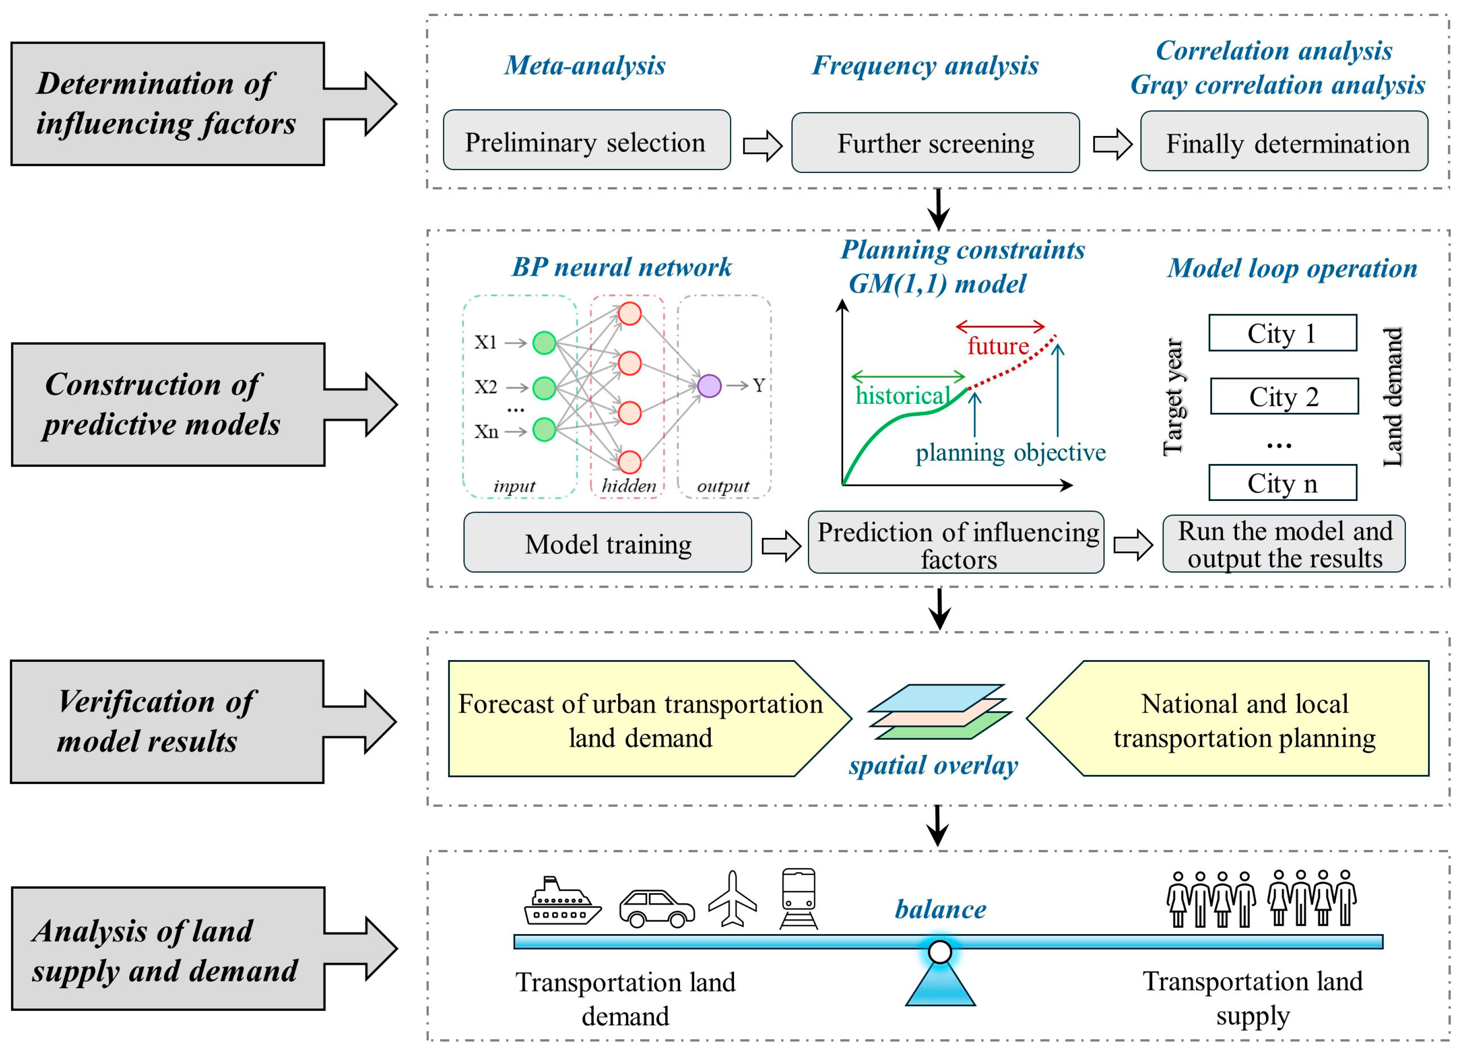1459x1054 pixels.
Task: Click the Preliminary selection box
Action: pos(586,140)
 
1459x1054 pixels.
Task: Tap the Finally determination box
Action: pos(1283,142)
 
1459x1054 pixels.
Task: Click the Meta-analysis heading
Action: pos(584,65)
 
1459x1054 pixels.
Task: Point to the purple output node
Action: pos(709,386)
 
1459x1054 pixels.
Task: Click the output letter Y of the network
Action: pos(758,386)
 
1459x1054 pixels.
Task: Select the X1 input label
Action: pos(486,342)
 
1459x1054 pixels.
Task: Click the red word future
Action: pos(998,346)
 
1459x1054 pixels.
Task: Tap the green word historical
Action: pos(902,395)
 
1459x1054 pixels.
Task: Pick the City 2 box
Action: pos(1284,396)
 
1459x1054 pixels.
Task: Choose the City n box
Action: pos(1282,483)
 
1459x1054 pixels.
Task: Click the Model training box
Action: pos(607,542)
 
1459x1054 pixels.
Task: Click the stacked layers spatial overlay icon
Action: pos(939,712)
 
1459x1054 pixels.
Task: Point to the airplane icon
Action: pos(732,899)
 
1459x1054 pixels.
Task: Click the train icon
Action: pos(798,898)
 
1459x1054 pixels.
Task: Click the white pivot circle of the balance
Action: pos(940,951)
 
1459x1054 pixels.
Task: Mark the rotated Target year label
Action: pos(1173,396)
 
